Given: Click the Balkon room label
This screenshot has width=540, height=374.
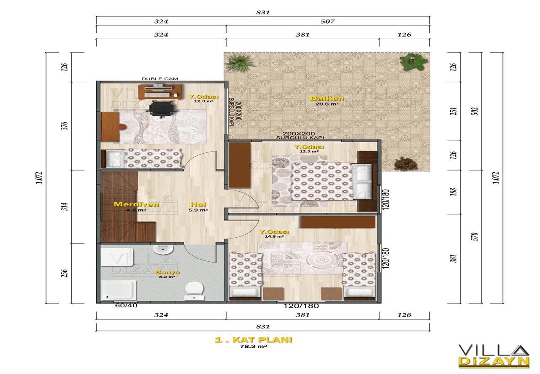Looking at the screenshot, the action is pyautogui.click(x=327, y=98).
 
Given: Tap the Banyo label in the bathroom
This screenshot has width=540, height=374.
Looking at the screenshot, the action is pyautogui.click(x=167, y=272).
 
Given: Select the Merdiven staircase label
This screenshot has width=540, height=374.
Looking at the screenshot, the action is pyautogui.click(x=136, y=204).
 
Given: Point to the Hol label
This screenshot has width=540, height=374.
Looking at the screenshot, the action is pyautogui.click(x=198, y=204).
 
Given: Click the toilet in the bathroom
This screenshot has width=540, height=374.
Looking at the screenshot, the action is pyautogui.click(x=194, y=291).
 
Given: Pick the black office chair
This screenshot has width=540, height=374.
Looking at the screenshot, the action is pyautogui.click(x=161, y=109).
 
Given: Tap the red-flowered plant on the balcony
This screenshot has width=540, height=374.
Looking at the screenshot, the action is pyautogui.click(x=406, y=163).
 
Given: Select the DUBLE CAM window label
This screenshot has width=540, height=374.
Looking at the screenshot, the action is pyautogui.click(x=159, y=79).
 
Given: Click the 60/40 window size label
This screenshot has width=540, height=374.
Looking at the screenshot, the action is pyautogui.click(x=126, y=306).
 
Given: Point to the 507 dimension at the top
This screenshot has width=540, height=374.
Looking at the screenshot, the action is pyautogui.click(x=327, y=22).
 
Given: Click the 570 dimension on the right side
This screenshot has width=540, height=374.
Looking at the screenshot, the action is pyautogui.click(x=475, y=236).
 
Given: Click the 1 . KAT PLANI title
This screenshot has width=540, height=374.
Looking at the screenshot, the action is pyautogui.click(x=254, y=340).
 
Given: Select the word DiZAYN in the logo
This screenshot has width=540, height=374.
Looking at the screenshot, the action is pyautogui.click(x=494, y=361).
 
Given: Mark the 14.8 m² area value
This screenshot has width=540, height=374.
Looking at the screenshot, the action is pyautogui.click(x=274, y=236).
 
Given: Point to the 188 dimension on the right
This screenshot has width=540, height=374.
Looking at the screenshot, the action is pyautogui.click(x=454, y=192).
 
